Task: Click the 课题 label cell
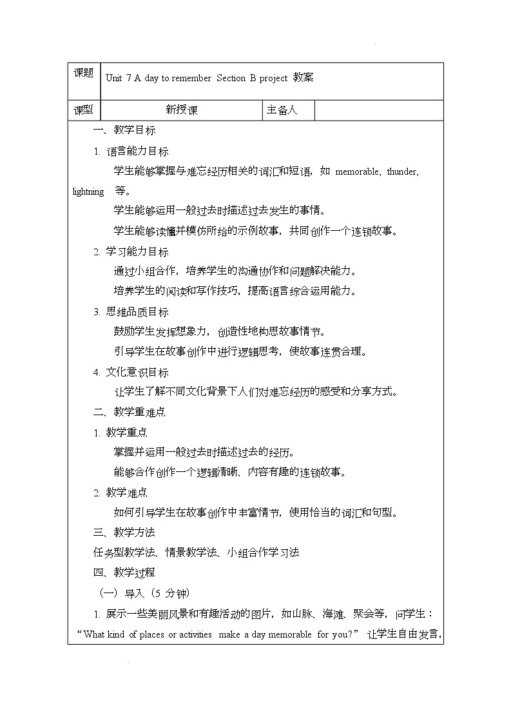point(84,73)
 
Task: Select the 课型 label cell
point(84,110)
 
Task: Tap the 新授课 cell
point(182,110)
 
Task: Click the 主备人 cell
point(282,110)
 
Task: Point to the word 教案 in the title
point(304,78)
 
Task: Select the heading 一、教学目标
point(124,130)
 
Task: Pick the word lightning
point(88,191)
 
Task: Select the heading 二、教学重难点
point(130,413)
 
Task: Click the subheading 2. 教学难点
point(121,493)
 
